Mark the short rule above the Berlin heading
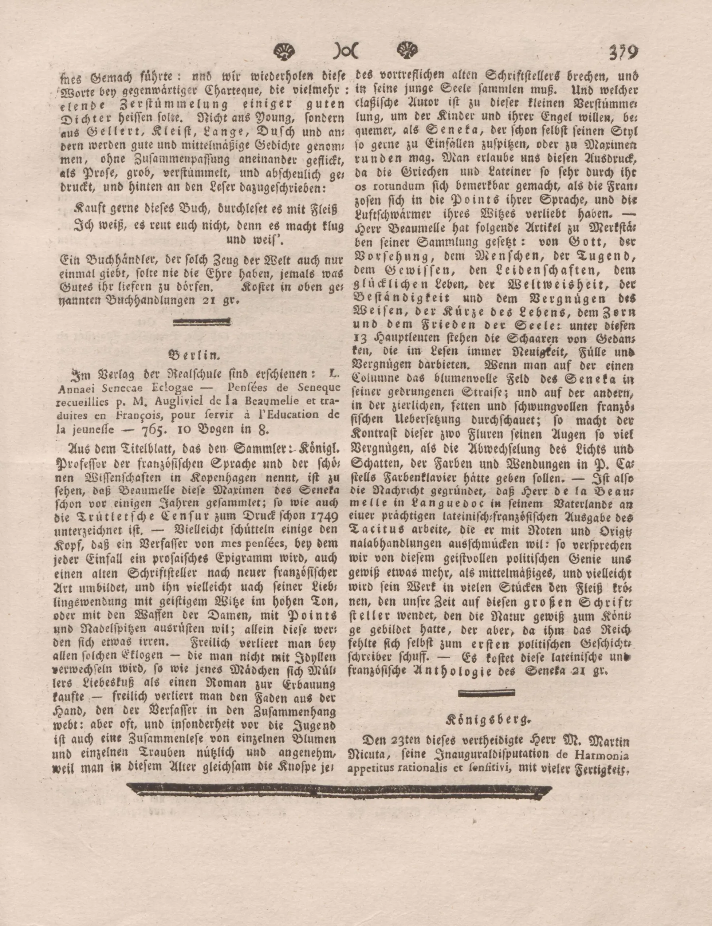coord(202,324)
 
